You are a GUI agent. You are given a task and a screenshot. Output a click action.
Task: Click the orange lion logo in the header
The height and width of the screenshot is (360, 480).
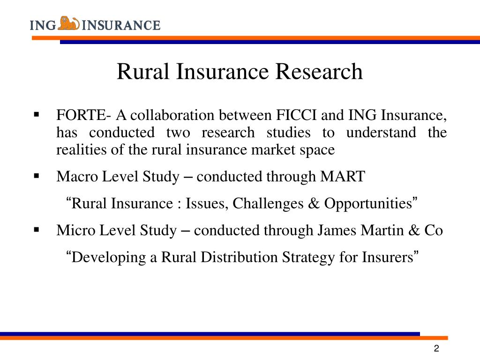pyautogui.click(x=69, y=23)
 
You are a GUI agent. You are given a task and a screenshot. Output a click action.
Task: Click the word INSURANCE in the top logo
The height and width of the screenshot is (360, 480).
pyautogui.click(x=121, y=24)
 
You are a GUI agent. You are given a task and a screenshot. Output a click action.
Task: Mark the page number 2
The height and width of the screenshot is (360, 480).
pyautogui.click(x=436, y=349)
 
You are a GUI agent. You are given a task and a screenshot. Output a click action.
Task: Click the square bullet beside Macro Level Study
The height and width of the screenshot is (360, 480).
pyautogui.click(x=36, y=177)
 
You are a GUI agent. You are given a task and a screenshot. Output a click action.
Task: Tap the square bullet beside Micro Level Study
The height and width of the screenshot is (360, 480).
pyautogui.click(x=36, y=230)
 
